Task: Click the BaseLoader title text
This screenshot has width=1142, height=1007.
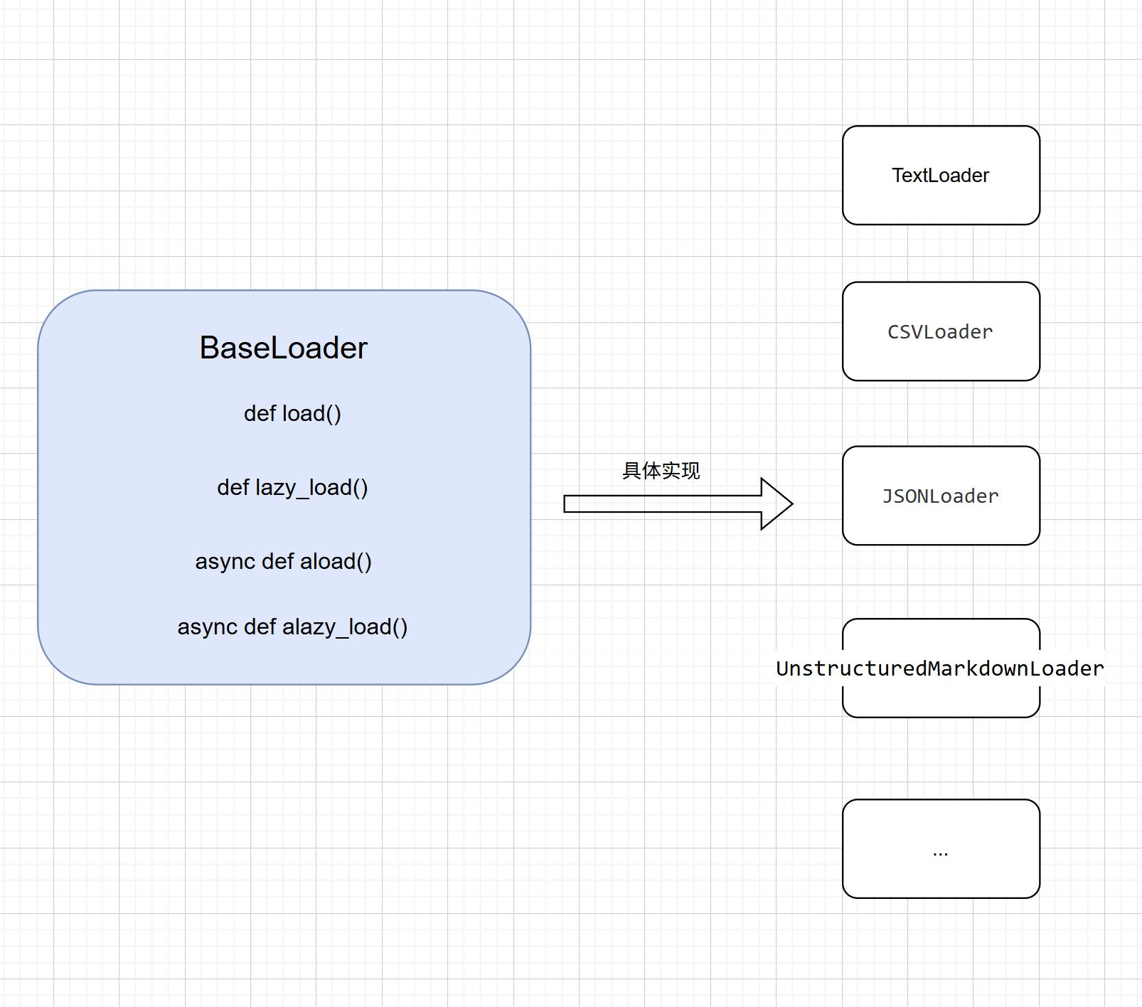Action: [283, 348]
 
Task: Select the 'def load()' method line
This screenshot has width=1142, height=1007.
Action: [292, 413]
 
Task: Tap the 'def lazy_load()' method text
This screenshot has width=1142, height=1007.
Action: [292, 488]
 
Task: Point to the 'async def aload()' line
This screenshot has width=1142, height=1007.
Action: [283, 562]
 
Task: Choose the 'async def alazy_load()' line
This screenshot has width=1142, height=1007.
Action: [292, 627]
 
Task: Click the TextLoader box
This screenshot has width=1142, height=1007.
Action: [941, 176]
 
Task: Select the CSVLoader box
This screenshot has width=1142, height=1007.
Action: [941, 331]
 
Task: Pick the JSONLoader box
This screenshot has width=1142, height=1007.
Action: [941, 496]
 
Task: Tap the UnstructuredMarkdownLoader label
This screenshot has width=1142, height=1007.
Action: [940, 668]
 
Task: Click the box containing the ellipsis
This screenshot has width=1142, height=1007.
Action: [941, 848]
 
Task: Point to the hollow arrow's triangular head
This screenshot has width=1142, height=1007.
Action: [777, 503]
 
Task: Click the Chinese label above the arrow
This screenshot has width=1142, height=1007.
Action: [661, 471]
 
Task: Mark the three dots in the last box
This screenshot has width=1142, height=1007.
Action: [940, 853]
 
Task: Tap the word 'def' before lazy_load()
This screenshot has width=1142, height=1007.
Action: [233, 488]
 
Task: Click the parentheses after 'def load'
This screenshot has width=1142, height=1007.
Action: [333, 414]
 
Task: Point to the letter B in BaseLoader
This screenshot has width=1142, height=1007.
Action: [210, 348]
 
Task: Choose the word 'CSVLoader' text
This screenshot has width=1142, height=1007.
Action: [940, 332]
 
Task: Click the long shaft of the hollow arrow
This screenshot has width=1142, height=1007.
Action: [663, 503]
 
